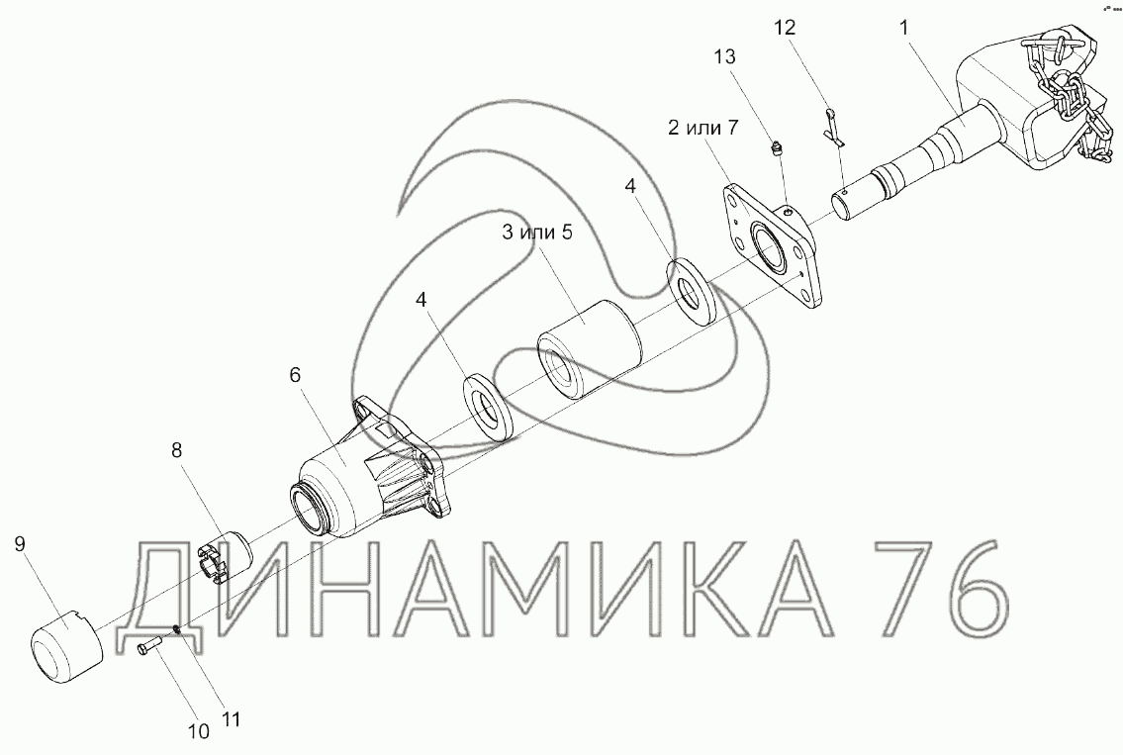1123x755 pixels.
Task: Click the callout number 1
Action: coord(904,28)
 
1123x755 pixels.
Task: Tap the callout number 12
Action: coord(785,28)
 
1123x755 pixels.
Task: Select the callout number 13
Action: coord(725,56)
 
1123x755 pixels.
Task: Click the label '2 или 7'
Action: coord(702,129)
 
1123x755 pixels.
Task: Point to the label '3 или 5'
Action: coord(537,233)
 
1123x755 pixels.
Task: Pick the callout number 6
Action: coord(295,375)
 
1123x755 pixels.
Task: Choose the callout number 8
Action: coord(176,450)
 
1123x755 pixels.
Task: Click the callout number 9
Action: coord(20,543)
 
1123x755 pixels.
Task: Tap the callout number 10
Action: coord(199,731)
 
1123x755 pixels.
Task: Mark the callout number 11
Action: coord(231,719)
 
